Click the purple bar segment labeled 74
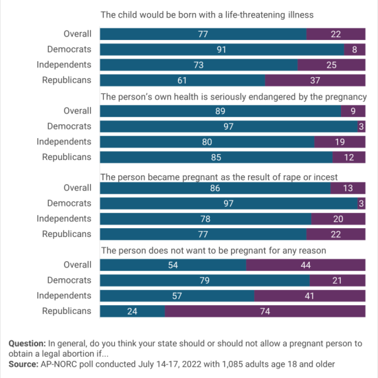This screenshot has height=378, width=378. [265, 311]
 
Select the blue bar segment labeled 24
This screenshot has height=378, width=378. [133, 311]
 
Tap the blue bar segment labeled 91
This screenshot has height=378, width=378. [222, 49]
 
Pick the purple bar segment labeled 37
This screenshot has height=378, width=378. [315, 80]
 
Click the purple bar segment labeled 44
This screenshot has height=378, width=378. [306, 265]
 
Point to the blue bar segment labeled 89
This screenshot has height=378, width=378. [221, 111]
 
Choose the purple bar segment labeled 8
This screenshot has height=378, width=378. [355, 49]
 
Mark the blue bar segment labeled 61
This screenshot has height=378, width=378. [183, 80]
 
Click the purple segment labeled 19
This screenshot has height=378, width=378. [340, 142]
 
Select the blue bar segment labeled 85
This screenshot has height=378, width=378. [216, 157]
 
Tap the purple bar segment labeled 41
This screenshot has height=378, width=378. [310, 296]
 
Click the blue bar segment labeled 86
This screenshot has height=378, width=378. [215, 188]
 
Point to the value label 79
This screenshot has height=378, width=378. [204, 280]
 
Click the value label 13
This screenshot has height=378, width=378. [348, 188]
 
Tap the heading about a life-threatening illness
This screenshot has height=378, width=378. [207, 15]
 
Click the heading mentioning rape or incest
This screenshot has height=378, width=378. [219, 177]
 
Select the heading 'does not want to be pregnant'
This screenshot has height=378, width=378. [214, 251]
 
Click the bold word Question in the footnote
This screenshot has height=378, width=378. [27, 344]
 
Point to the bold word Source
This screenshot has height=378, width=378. [23, 364]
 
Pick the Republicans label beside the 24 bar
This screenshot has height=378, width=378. [67, 311]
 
